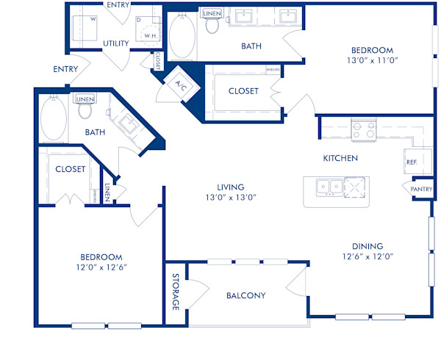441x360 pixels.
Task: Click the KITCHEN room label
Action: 340,158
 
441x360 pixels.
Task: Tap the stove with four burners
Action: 363,130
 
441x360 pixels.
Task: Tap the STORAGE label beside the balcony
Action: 176,293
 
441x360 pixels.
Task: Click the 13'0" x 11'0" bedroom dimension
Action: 371,62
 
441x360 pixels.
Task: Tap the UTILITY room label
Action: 115,43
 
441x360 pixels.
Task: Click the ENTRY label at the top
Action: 118,4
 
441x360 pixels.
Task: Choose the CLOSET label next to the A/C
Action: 243,91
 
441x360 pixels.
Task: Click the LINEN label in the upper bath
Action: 212,13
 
